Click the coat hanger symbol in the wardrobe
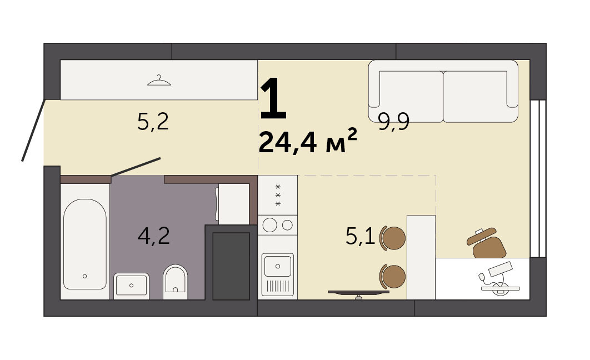(x=159, y=81)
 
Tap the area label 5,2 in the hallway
(x=153, y=122)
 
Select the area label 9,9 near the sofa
(x=393, y=122)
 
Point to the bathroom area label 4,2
(x=153, y=236)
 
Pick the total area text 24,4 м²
(x=307, y=142)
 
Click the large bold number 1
(x=273, y=98)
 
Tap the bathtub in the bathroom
(x=84, y=244)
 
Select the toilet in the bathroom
(x=176, y=282)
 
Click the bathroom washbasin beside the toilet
(x=131, y=286)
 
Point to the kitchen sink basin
(x=278, y=266)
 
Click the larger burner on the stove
(x=270, y=225)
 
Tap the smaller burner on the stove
(x=287, y=225)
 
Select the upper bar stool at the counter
(x=393, y=238)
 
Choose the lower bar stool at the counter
(x=393, y=276)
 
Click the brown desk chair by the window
(x=487, y=243)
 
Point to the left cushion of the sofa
(x=411, y=97)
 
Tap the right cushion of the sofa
(x=475, y=97)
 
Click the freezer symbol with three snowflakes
(x=278, y=195)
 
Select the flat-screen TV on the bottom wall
(x=358, y=293)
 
